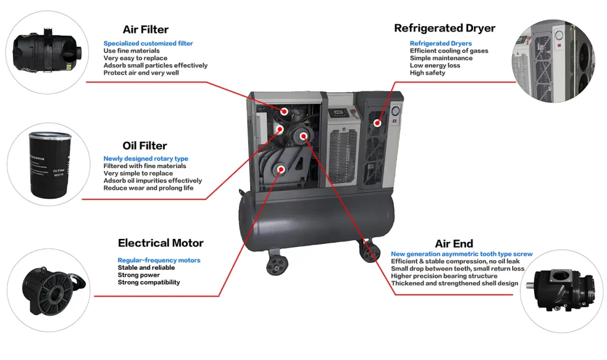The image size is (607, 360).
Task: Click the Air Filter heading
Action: [145, 30]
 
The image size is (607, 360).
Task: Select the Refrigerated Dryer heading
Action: [445, 28]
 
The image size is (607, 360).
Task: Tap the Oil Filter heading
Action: [145, 146]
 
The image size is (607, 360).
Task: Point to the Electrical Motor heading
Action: [161, 243]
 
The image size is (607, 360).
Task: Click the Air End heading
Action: [454, 244]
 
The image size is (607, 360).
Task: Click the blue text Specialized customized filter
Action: [148, 43]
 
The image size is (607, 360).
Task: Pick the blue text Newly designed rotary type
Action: [146, 159]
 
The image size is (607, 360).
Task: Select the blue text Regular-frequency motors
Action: [159, 260]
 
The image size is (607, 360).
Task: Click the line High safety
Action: [427, 73]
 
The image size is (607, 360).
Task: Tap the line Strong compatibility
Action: [149, 282]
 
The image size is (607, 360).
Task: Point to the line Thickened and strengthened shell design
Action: [455, 283]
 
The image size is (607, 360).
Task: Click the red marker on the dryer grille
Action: [377, 123]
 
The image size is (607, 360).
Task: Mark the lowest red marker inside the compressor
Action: [282, 168]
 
